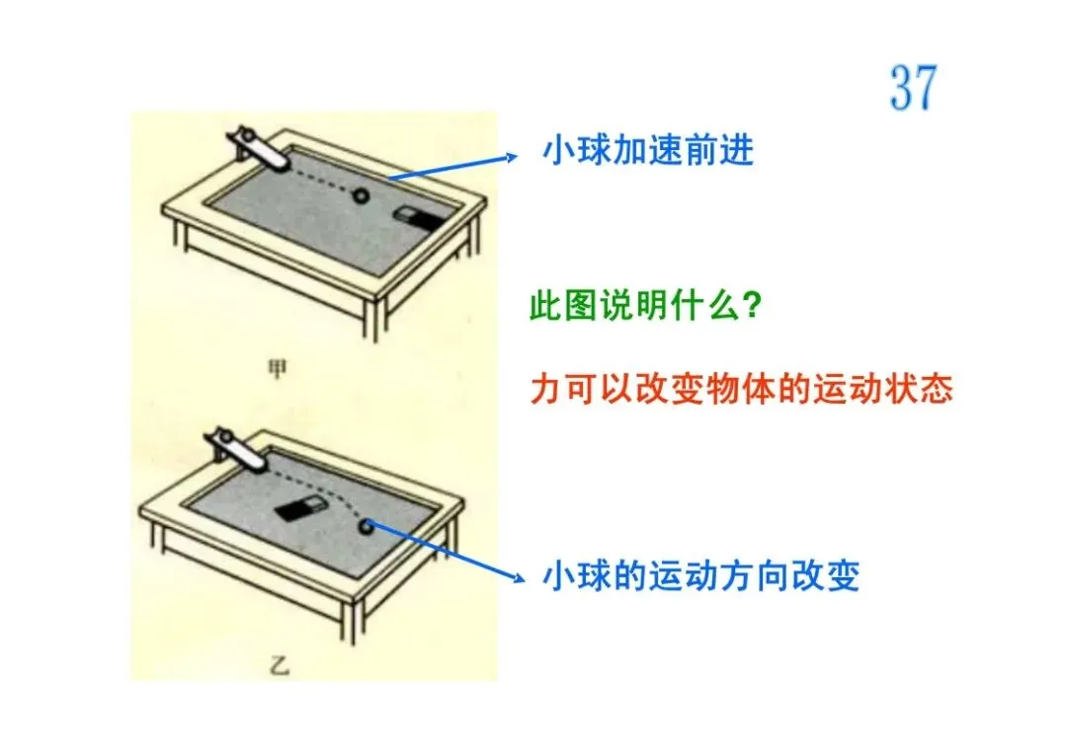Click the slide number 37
(913, 87)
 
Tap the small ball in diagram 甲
(361, 195)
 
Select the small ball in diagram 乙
(367, 525)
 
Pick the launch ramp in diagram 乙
(237, 449)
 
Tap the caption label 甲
(277, 369)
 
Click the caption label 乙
(279, 666)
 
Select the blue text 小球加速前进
(648, 150)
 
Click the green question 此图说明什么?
(645, 306)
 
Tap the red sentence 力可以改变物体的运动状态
(742, 390)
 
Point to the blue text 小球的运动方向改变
(700, 576)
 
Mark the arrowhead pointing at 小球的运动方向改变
(519, 578)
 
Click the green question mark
(751, 306)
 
